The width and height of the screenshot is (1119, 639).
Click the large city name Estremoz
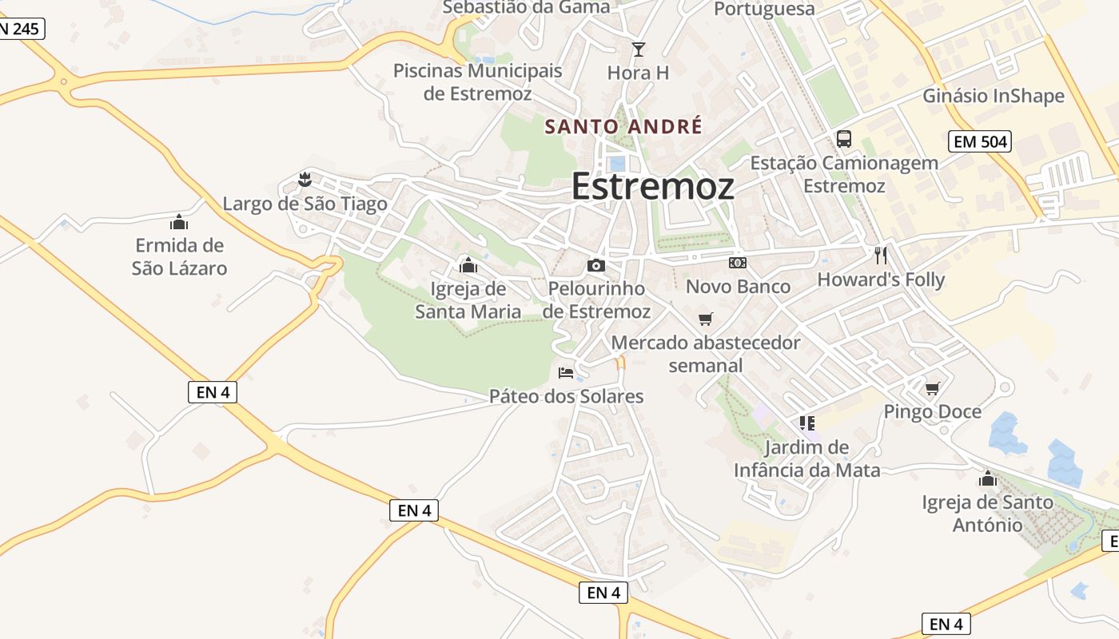[652, 186]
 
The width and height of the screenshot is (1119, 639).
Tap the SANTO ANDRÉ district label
[623, 126]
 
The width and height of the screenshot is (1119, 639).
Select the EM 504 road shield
[980, 142]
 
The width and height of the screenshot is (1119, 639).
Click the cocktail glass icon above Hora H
[638, 50]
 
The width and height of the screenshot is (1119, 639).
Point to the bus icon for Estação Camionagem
[844, 139]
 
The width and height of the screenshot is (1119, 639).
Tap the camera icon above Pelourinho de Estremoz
[595, 265]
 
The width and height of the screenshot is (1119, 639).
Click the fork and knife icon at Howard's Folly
[881, 256]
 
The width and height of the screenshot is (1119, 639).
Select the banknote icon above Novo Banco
[738, 262]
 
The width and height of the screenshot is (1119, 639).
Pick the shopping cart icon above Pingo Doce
[932, 388]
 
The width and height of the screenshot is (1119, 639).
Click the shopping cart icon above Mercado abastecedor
[705, 319]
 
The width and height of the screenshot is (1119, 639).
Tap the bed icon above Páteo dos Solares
[566, 372]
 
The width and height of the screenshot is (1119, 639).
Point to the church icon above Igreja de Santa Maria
[468, 264]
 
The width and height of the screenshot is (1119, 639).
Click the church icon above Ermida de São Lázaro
[179, 221]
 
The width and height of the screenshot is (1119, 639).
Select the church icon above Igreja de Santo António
[988, 478]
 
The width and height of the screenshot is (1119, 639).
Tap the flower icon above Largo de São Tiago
[304, 179]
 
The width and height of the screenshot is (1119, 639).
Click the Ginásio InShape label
[994, 96]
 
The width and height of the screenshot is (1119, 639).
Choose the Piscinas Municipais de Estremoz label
[478, 81]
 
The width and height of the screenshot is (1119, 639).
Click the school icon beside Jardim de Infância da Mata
[806, 423]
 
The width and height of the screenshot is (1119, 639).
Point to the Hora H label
[638, 73]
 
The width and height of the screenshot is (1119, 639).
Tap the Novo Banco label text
[738, 286]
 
